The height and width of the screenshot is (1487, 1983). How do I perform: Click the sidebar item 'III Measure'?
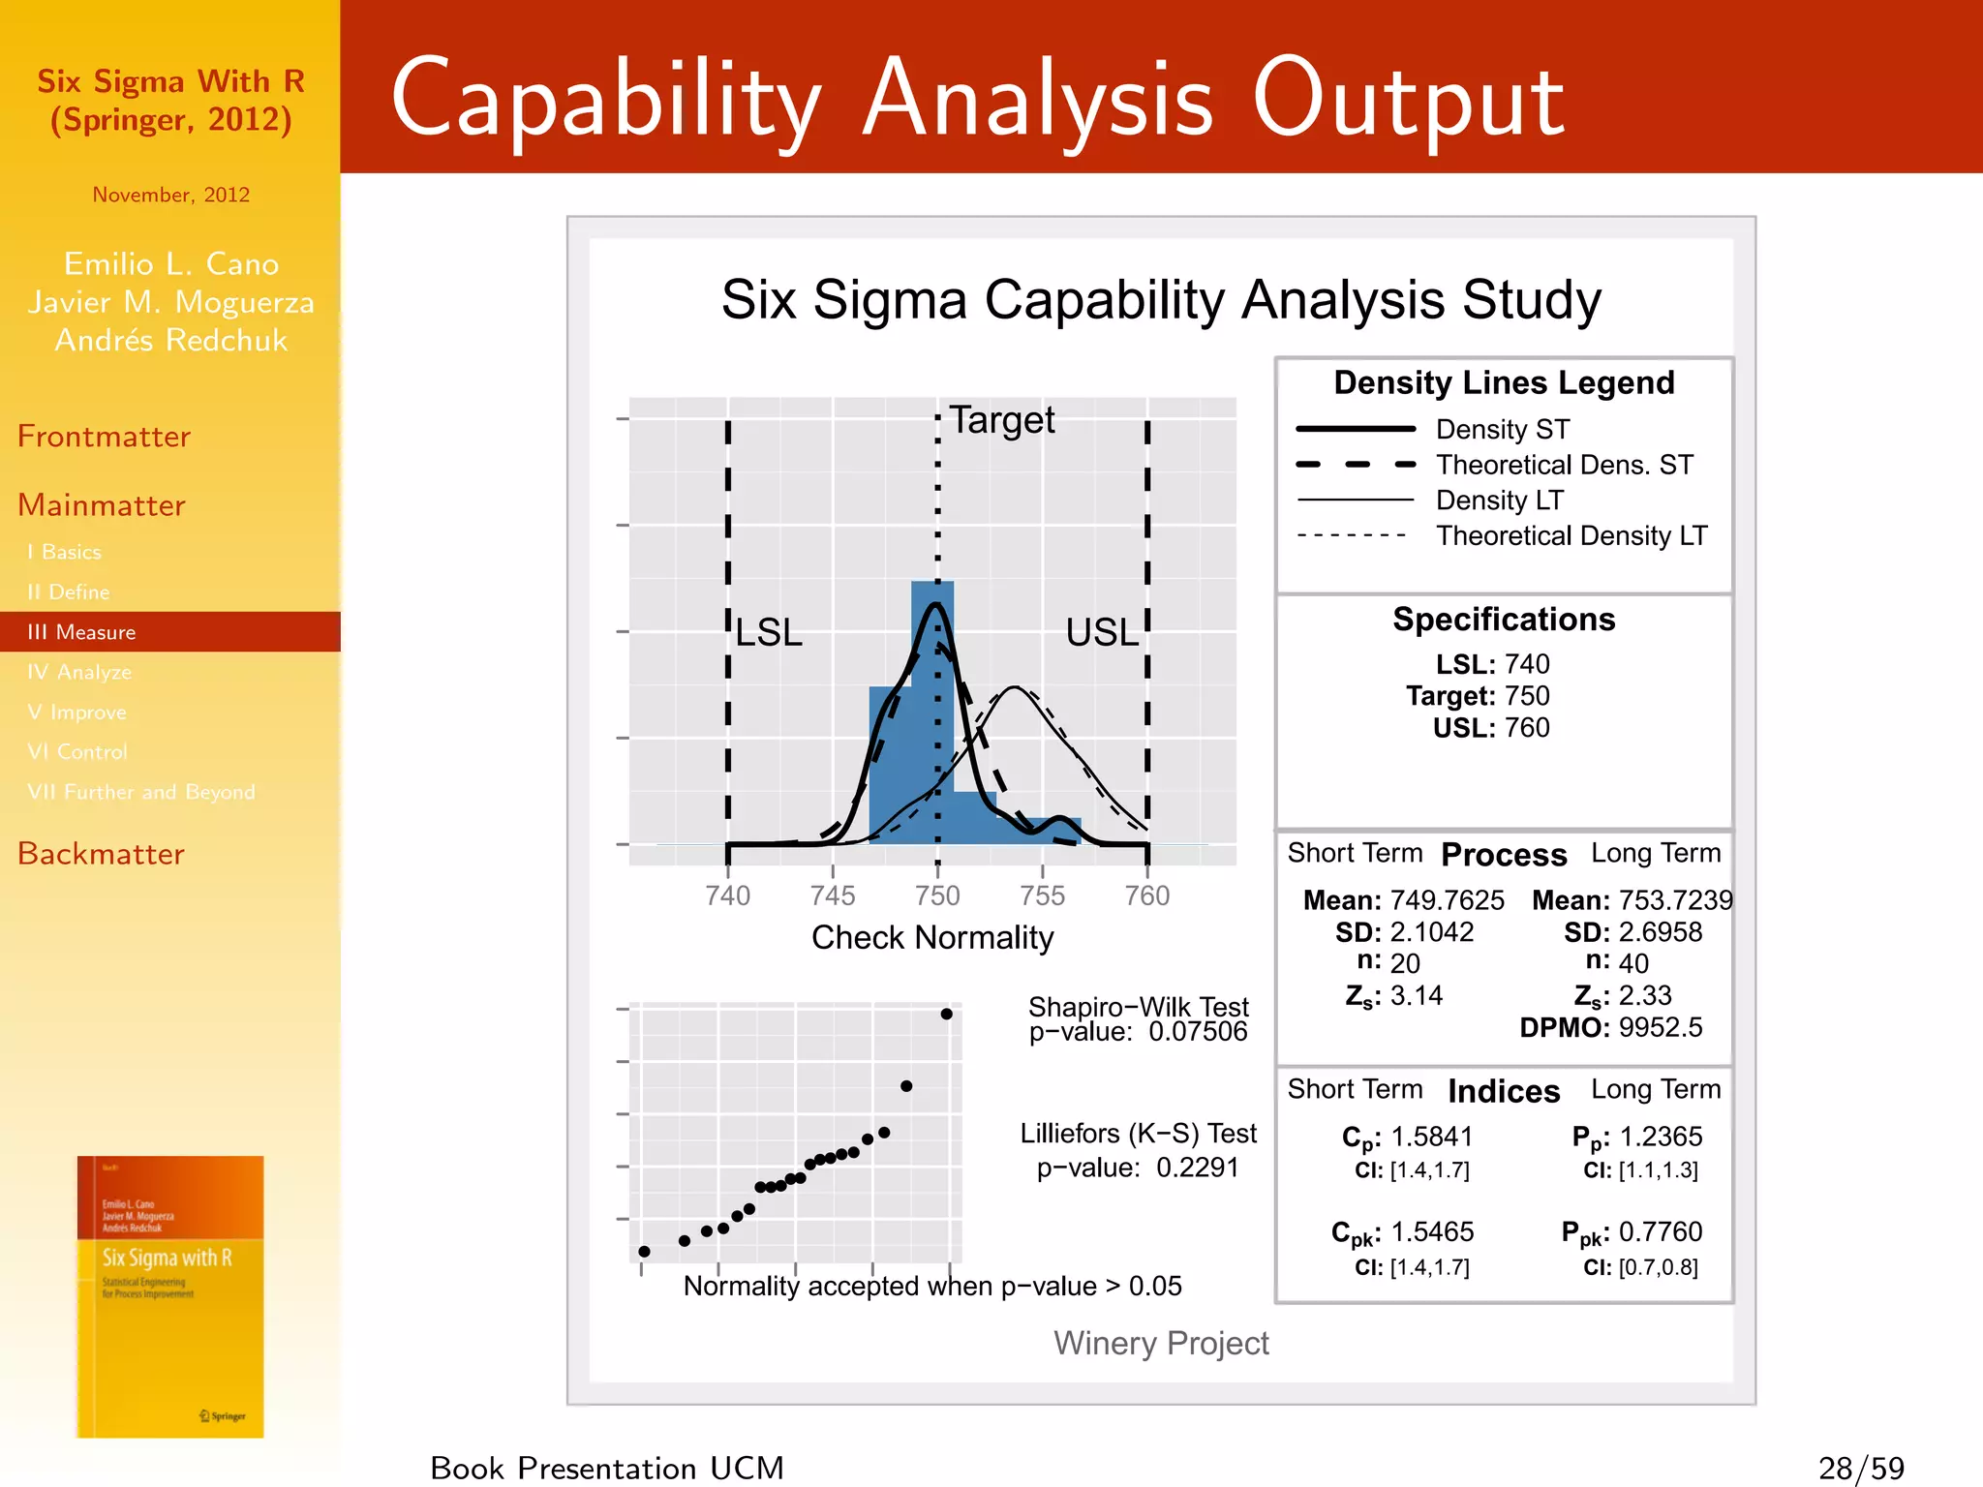pyautogui.click(x=82, y=632)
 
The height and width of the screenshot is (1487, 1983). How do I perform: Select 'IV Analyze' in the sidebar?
pyautogui.click(x=79, y=672)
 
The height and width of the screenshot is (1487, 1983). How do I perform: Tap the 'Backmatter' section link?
pyautogui.click(x=101, y=854)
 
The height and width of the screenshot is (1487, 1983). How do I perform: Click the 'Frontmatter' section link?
pyautogui.click(x=104, y=437)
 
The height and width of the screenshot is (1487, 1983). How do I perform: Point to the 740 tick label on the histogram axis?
pyautogui.click(x=727, y=895)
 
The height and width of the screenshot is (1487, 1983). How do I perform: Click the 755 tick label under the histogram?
pyautogui.click(x=1042, y=895)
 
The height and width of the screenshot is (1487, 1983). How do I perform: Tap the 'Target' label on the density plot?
pyautogui.click(x=1001, y=420)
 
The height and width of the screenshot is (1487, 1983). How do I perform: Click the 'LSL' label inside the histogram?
pyautogui.click(x=769, y=633)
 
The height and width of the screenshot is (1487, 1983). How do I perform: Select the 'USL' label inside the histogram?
pyautogui.click(x=1102, y=633)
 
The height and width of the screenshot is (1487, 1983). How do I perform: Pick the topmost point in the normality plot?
pyautogui.click(x=946, y=1014)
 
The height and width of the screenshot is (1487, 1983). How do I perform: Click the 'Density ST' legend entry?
pyautogui.click(x=1502, y=429)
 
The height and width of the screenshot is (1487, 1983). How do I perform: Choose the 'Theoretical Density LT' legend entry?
pyautogui.click(x=1571, y=535)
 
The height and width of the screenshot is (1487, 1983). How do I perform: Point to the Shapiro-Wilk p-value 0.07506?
pyautogui.click(x=1198, y=1032)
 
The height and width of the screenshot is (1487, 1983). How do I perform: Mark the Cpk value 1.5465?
pyautogui.click(x=1432, y=1232)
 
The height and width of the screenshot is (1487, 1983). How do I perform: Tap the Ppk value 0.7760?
pyautogui.click(x=1660, y=1232)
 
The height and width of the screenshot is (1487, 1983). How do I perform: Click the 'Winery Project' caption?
pyautogui.click(x=1160, y=1343)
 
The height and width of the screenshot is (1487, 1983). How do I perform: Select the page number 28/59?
pyautogui.click(x=1861, y=1468)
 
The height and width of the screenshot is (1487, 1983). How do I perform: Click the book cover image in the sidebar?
pyautogui.click(x=170, y=1296)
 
